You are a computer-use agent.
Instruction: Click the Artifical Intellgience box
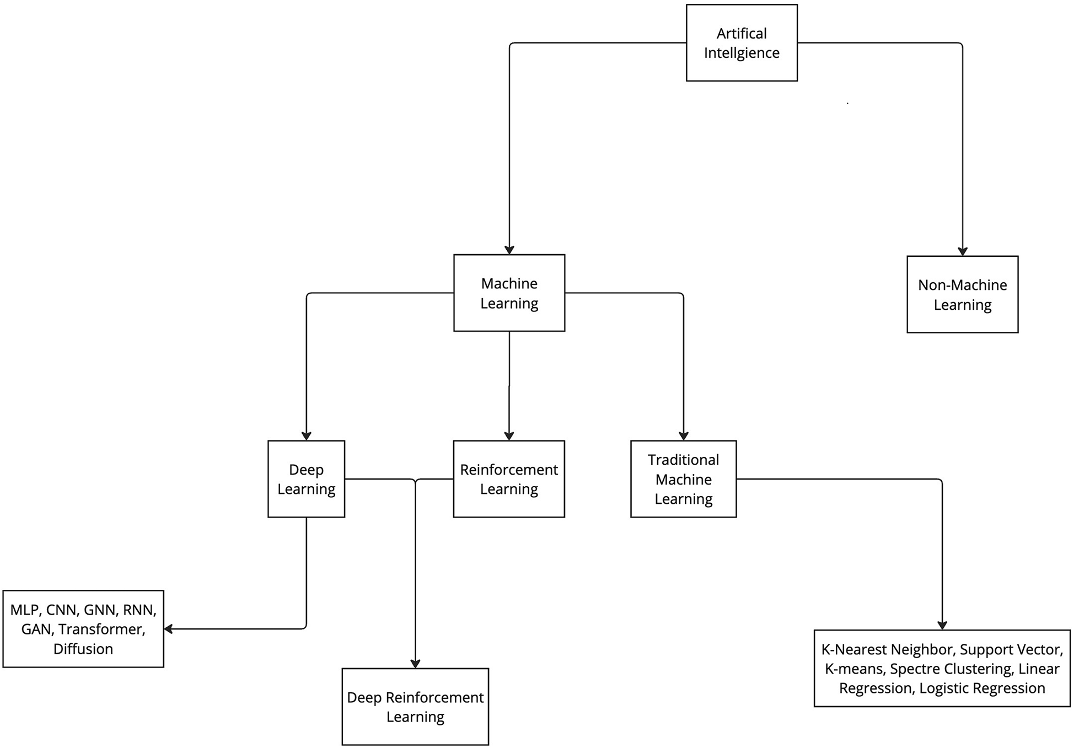[x=741, y=43]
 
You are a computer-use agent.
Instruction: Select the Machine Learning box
[x=509, y=293]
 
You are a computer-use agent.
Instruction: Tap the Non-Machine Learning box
[x=962, y=294]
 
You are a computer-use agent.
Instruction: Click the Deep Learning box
[x=306, y=478]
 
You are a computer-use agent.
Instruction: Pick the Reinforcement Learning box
[x=508, y=478]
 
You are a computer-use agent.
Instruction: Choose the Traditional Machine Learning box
[x=683, y=478]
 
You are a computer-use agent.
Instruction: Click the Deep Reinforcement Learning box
[x=415, y=707]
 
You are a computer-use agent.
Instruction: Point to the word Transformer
[x=101, y=629]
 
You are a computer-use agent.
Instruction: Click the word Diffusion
[x=83, y=649]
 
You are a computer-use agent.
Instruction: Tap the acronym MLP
[x=24, y=610]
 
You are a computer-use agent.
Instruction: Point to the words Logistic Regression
[x=982, y=688]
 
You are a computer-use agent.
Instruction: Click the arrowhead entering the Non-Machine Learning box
[x=963, y=251]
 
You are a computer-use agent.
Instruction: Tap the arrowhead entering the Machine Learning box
[x=509, y=250]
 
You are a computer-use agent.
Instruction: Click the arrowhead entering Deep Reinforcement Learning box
[x=415, y=664]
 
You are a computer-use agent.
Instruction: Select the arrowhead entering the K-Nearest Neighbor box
[x=942, y=625]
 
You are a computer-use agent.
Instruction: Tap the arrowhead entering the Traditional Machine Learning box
[x=683, y=436]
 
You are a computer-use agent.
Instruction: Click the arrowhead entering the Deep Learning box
[x=306, y=436]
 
